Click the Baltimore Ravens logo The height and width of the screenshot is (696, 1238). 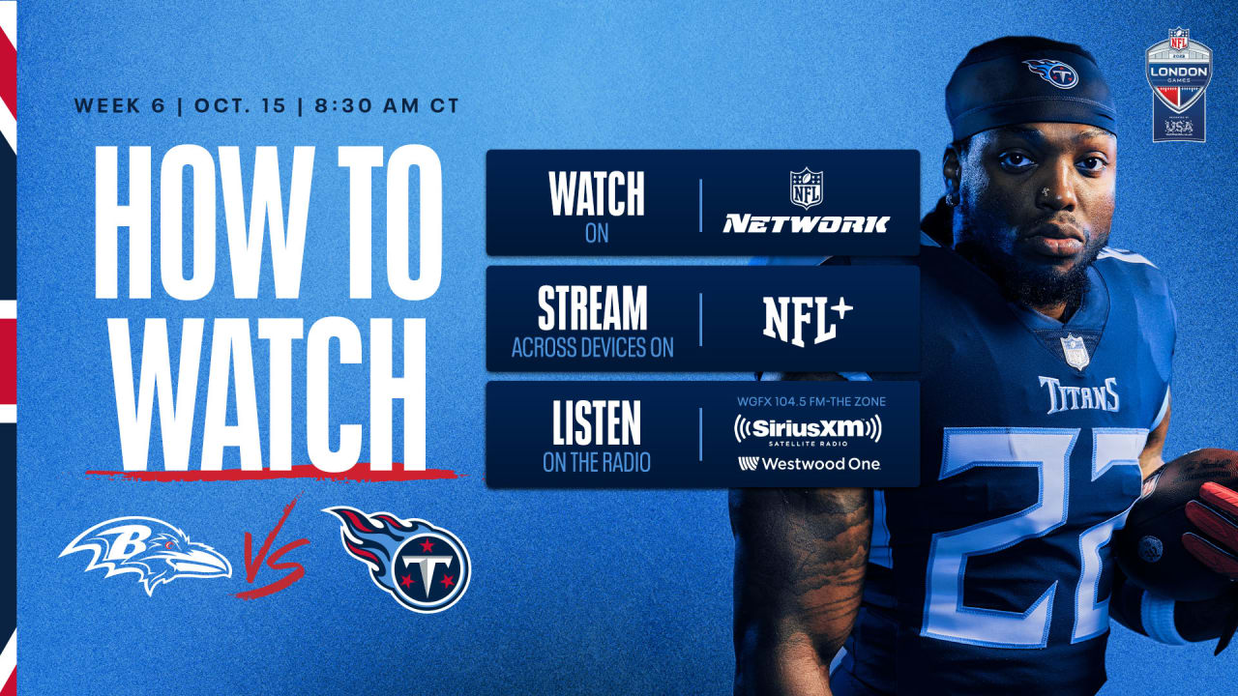[x=145, y=554]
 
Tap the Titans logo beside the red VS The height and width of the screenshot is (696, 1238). [x=399, y=559]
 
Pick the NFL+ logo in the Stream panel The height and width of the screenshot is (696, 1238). [x=808, y=321]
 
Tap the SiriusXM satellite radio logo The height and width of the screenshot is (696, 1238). [x=808, y=430]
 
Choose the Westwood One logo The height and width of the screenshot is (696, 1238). [x=810, y=464]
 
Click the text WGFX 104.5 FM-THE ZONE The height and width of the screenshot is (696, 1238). [x=811, y=401]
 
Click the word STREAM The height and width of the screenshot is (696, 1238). [x=593, y=307]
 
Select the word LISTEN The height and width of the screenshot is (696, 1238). [x=597, y=423]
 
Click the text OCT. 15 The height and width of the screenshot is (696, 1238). [x=241, y=105]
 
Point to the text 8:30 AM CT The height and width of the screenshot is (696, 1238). [x=387, y=105]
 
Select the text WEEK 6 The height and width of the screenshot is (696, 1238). [x=119, y=105]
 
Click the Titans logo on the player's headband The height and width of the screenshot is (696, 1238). [x=1050, y=73]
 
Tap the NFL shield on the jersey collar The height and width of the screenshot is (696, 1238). [x=1075, y=351]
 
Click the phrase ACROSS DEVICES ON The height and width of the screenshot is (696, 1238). [x=593, y=347]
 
